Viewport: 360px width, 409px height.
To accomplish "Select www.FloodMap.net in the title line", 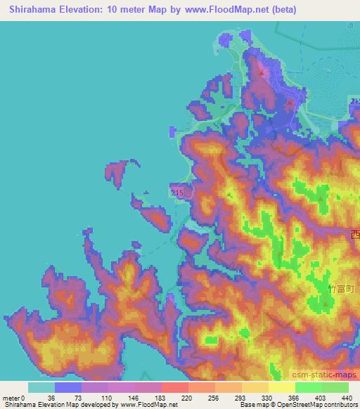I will [227, 10].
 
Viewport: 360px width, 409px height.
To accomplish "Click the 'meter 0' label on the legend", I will [15, 398].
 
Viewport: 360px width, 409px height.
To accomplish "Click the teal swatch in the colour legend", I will [41, 388].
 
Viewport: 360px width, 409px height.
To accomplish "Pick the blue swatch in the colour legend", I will [68, 388].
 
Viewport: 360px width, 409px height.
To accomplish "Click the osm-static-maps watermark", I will [326, 375].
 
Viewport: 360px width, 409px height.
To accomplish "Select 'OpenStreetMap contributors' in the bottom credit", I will [314, 405].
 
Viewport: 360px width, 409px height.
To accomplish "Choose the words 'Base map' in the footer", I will [252, 405].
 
